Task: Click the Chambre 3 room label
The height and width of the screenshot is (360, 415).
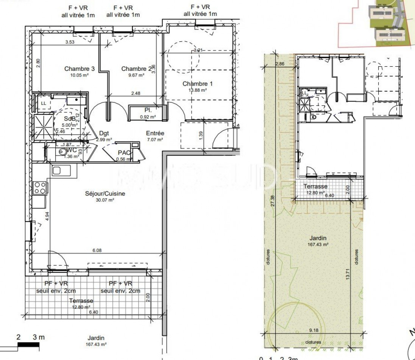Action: (80, 69)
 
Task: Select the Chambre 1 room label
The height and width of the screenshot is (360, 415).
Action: (197, 83)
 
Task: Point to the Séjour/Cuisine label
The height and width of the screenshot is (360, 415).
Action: (105, 194)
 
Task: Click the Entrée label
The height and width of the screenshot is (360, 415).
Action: (155, 133)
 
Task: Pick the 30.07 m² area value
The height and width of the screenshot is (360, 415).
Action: (105, 200)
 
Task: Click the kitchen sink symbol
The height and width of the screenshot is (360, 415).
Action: (56, 171)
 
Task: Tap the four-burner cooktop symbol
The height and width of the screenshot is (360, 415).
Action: (40, 187)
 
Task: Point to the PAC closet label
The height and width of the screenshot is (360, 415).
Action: (124, 153)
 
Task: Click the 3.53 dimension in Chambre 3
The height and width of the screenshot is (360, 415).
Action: (70, 42)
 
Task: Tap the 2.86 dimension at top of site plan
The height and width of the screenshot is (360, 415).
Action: (280, 64)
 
